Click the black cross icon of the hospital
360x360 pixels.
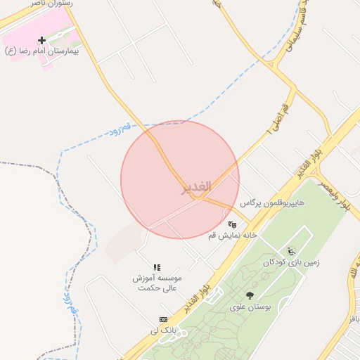[41, 40]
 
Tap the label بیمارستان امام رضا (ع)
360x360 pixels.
[41, 51]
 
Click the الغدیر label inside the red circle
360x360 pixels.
[195, 188]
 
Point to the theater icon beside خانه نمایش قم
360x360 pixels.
[231, 224]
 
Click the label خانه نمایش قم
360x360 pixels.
[233, 235]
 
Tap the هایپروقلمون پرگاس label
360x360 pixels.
[272, 202]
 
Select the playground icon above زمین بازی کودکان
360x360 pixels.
[291, 251]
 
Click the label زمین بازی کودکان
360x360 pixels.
[291, 262]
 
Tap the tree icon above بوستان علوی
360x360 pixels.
[250, 296]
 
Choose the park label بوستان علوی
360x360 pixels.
[250, 307]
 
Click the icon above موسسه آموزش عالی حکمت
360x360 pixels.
[157, 267]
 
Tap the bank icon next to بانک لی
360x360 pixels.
[163, 319]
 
